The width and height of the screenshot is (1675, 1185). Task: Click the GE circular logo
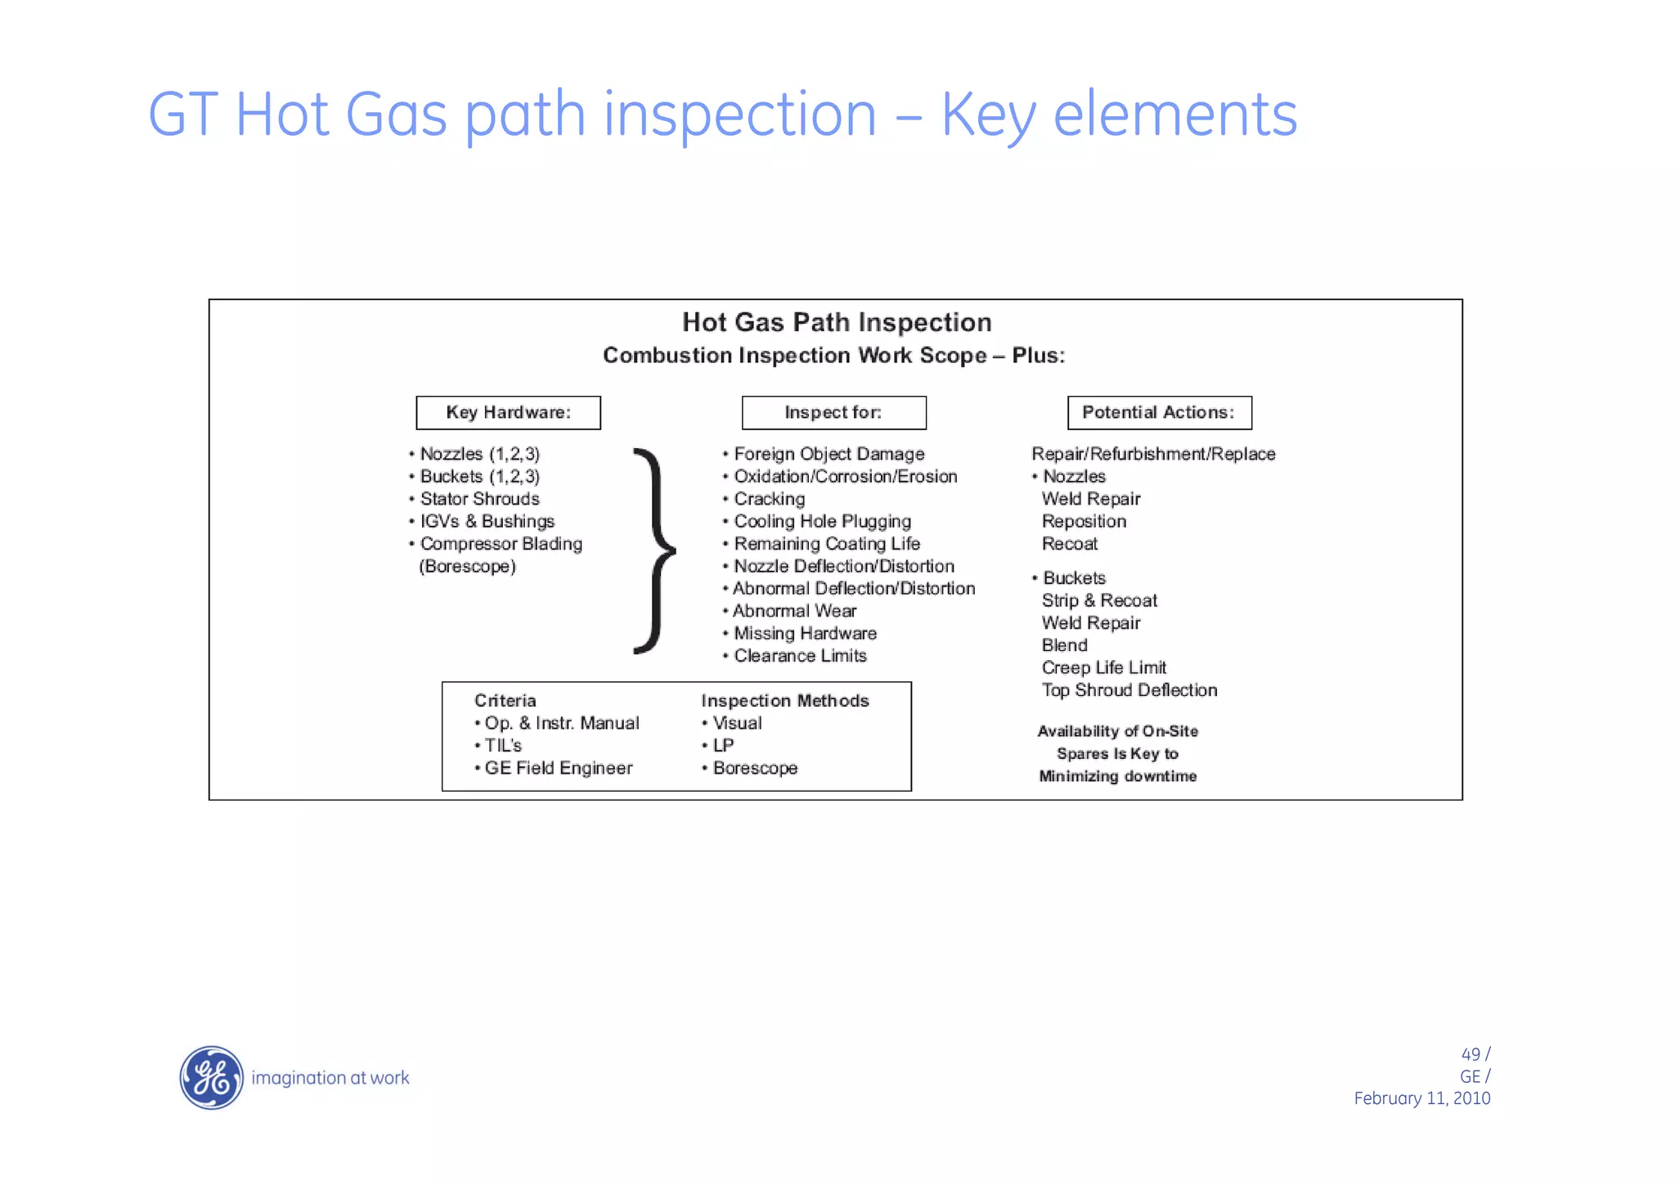click(x=211, y=1077)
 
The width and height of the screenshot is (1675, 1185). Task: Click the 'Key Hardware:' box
click(x=508, y=412)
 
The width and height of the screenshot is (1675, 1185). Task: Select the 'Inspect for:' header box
click(x=833, y=412)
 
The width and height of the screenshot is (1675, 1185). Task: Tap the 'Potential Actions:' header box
click(x=1159, y=412)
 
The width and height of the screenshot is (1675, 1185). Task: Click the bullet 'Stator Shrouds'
click(x=479, y=499)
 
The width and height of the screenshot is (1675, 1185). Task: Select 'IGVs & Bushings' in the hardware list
click(x=487, y=521)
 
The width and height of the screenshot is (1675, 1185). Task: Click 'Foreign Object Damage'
click(x=829, y=454)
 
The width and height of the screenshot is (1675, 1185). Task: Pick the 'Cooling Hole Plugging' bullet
click(x=822, y=521)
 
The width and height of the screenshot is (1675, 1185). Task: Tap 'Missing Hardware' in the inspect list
click(x=805, y=633)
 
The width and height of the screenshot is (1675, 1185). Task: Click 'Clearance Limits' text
click(x=800, y=656)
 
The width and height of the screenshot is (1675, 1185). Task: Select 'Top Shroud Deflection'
click(x=1129, y=690)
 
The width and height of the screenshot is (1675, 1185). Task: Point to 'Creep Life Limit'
click(x=1103, y=667)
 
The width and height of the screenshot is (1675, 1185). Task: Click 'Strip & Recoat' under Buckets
click(x=1099, y=600)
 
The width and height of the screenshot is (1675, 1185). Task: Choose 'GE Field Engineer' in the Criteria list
click(x=558, y=768)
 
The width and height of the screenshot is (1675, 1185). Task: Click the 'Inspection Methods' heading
click(x=784, y=701)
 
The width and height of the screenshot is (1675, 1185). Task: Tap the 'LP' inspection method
click(x=723, y=745)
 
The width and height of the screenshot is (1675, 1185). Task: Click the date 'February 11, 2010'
click(x=1421, y=1098)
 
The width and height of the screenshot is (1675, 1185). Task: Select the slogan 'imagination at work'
click(x=330, y=1078)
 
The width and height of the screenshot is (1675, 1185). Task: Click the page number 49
click(x=1470, y=1054)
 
